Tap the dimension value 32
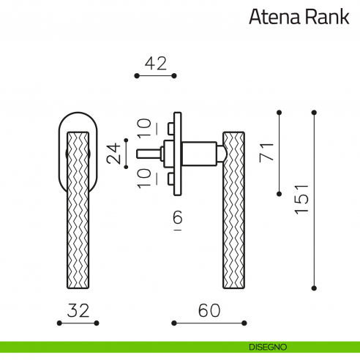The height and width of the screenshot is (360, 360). tap(78, 310)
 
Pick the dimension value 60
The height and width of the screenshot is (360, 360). tap(209, 310)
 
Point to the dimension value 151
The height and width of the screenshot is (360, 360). tap(302, 199)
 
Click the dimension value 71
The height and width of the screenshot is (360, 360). tap(267, 152)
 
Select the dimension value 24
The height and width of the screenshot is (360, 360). tap(114, 154)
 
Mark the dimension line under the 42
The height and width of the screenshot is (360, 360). tap(155, 75)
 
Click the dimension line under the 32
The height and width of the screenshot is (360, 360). tap(78, 323)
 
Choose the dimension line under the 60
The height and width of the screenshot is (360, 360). tap(209, 323)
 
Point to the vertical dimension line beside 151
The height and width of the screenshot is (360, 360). tap(314, 199)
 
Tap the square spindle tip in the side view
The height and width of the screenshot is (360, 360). tap(146, 154)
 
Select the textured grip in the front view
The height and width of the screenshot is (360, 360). tap(78, 212)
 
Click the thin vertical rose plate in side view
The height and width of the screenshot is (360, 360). tap(176, 154)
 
